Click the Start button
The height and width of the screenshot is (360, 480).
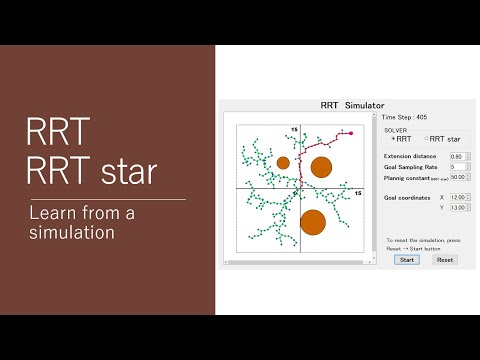407,259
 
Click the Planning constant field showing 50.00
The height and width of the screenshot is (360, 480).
458,177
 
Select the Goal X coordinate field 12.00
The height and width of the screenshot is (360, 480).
457,198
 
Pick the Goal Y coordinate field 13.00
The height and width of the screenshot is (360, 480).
457,208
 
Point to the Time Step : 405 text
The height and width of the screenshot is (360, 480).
404,117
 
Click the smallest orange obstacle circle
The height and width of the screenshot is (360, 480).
283,162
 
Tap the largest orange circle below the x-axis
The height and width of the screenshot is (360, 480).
313,222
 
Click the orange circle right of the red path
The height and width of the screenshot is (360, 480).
321,167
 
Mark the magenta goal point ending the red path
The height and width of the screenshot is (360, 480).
351,132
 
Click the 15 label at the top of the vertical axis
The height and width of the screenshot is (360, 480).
295,131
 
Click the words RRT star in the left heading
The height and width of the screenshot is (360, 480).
91,172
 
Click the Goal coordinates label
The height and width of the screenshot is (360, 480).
408,198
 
